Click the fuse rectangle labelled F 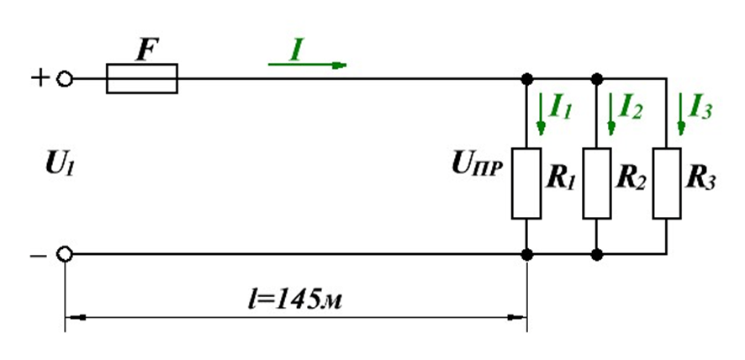[141, 78]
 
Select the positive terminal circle [65, 78]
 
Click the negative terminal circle [65, 254]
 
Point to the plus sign [40, 77]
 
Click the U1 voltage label [61, 166]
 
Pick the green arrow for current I [308, 65]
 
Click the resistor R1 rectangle [526, 183]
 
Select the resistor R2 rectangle [597, 183]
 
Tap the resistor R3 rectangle [667, 183]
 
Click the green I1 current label [561, 109]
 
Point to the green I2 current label [631, 109]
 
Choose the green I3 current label [700, 109]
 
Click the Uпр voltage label [477, 167]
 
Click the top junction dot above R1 [526, 78]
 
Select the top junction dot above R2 [597, 78]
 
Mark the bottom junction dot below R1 [526, 254]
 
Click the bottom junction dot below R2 [597, 254]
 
